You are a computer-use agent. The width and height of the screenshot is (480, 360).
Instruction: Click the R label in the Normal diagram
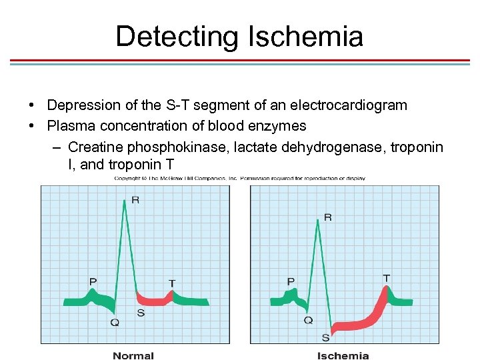coord(136,200)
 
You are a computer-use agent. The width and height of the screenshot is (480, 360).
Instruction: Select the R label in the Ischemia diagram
coord(328,217)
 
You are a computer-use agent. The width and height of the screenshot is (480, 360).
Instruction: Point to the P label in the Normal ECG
coord(93,282)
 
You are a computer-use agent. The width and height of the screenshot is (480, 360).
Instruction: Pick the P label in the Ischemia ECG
coord(291,282)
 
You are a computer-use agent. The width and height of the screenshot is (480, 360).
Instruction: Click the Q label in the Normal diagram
coord(115,323)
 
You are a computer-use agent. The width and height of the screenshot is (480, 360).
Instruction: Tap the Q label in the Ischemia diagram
coord(308,321)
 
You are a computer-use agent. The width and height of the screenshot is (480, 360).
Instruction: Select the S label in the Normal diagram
coord(141,313)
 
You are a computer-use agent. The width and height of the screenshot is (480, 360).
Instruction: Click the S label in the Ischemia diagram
coord(325,337)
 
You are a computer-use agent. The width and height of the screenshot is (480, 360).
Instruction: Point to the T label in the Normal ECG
coord(172,283)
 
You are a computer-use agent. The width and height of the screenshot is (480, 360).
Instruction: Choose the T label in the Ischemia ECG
coord(387,277)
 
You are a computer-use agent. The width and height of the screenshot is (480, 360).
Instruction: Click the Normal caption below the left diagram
coord(133,356)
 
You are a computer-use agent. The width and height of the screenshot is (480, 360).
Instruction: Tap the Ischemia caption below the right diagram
coord(343,356)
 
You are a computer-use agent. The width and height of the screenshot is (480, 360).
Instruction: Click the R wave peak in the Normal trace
coord(124,201)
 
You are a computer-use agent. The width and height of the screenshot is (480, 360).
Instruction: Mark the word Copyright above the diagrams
coord(127,179)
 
